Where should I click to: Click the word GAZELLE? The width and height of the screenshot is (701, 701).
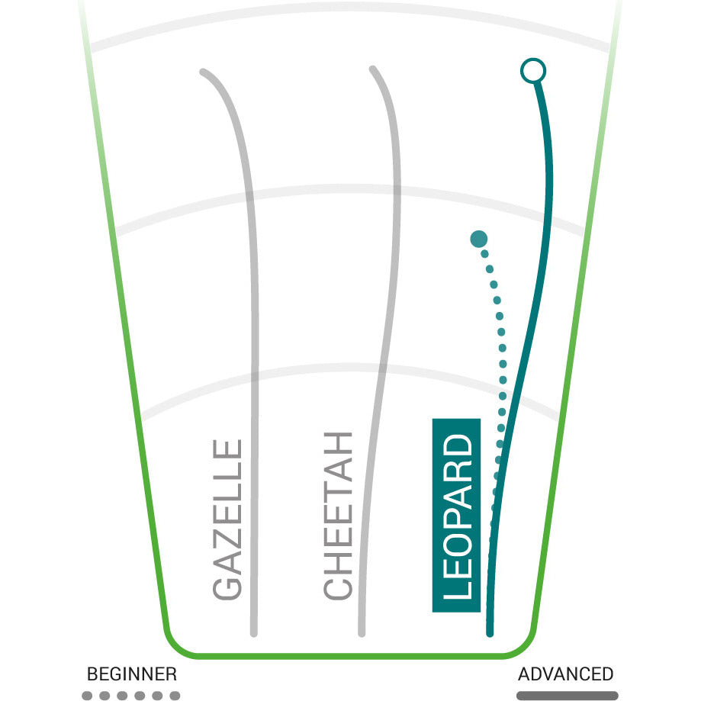tap(227, 519)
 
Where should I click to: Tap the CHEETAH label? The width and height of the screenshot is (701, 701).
tap(338, 516)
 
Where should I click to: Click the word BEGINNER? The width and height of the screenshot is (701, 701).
tap(132, 674)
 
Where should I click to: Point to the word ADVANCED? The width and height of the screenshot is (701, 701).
tap(565, 674)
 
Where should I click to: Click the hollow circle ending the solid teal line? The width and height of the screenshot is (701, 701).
tap(533, 71)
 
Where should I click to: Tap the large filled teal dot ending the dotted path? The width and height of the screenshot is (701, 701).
tap(479, 240)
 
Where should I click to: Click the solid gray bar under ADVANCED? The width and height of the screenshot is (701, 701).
tap(568, 696)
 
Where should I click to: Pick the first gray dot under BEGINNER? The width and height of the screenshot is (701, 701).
tap(87, 696)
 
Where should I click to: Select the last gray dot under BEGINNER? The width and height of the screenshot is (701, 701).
tap(175, 696)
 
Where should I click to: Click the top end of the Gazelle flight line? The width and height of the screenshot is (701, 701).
tap(202, 71)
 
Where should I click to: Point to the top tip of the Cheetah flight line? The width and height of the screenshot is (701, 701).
tap(372, 69)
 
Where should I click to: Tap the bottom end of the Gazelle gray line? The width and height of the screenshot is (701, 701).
tap(253, 633)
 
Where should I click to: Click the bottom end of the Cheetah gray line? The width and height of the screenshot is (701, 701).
tap(362, 633)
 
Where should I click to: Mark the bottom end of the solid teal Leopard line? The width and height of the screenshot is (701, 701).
tap(490, 633)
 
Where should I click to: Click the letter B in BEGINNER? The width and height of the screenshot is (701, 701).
tap(92, 674)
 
